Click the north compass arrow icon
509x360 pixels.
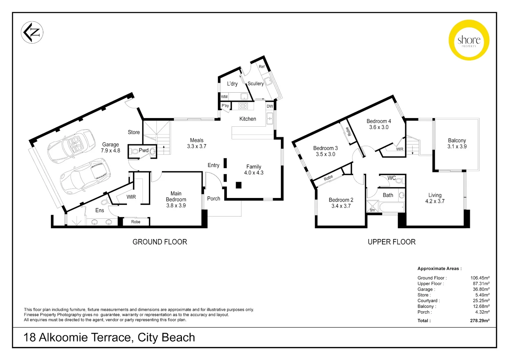(32, 32)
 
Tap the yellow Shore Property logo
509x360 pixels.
(469, 40)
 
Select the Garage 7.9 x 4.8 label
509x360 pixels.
(110, 147)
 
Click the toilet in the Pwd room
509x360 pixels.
(135, 151)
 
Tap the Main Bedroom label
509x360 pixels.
(176, 199)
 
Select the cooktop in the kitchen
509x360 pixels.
(243, 106)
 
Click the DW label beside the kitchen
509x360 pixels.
(270, 106)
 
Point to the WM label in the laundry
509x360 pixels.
(225, 97)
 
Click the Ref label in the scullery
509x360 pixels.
(262, 67)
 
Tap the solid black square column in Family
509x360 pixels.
(239, 185)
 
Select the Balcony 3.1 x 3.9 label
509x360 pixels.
(457, 143)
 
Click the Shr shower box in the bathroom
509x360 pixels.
(372, 206)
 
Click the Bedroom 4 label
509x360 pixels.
(379, 124)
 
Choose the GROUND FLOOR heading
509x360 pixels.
(160, 242)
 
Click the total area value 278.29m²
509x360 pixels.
(479, 321)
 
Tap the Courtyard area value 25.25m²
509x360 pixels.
(481, 301)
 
